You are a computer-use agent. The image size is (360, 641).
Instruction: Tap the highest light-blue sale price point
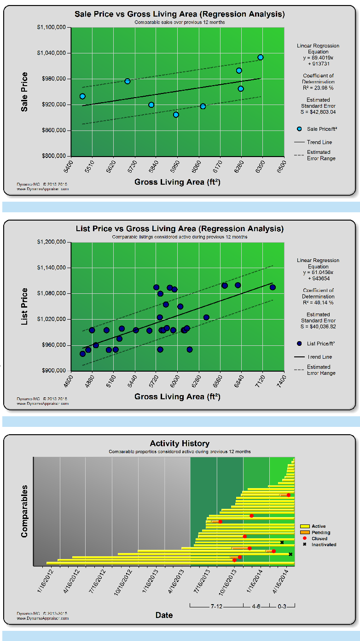[261, 57]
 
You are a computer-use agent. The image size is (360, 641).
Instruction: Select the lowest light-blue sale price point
[176, 115]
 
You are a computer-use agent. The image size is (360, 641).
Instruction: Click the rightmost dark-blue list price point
[273, 287]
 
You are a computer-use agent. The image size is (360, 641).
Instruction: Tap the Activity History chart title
[180, 443]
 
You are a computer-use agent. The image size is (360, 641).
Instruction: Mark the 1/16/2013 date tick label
[148, 583]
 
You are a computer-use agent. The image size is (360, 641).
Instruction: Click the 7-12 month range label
[216, 606]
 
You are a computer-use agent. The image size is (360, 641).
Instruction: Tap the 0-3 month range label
[282, 606]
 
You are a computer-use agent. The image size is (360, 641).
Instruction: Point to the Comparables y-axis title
[25, 511]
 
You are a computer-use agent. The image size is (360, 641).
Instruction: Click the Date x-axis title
[164, 615]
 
